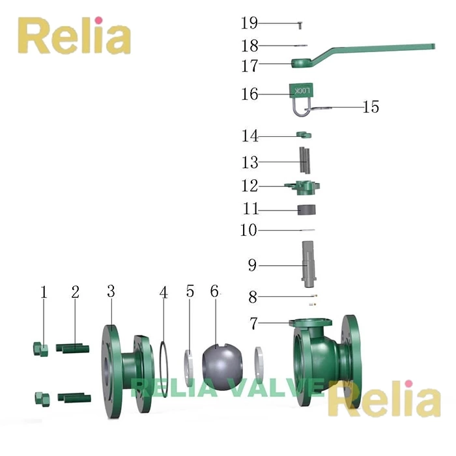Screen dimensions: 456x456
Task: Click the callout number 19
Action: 249,23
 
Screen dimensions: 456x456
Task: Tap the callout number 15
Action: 371,107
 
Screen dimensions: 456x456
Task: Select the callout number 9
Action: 252,265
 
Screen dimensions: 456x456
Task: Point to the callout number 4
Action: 164,292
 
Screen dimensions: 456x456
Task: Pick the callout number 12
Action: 249,186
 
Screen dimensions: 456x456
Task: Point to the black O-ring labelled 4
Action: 163,369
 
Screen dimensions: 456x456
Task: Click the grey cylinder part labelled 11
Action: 307,210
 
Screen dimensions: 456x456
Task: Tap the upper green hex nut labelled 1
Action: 40,350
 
